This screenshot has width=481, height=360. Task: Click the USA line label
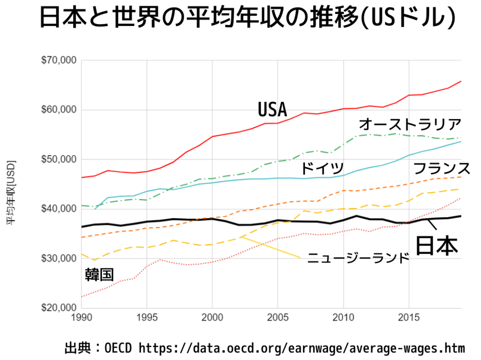[272, 110]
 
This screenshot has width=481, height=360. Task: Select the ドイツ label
[322, 169]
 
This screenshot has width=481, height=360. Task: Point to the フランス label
[442, 168]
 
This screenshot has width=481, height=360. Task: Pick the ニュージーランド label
[358, 258]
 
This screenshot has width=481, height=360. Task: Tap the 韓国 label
[100, 274]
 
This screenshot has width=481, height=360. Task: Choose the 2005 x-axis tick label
[278, 318]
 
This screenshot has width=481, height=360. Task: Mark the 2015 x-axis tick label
[409, 318]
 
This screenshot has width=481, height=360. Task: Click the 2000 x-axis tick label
[212, 318]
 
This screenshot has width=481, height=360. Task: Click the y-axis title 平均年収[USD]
[10, 192]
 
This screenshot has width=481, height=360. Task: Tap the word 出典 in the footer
[77, 348]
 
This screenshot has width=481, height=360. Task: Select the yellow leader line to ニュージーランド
[272, 248]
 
